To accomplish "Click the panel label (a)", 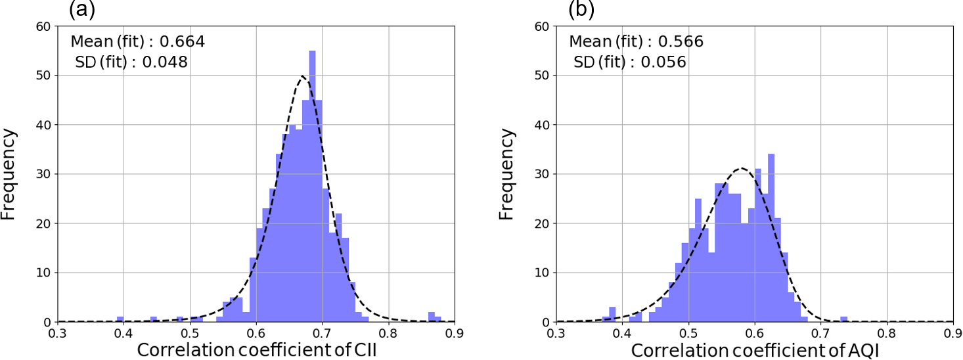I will click(x=83, y=9).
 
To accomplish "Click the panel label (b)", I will click(x=582, y=9).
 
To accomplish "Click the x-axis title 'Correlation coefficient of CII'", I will click(x=256, y=350).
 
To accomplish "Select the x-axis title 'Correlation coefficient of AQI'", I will click(x=755, y=350).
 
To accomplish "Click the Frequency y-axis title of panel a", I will click(x=9, y=174).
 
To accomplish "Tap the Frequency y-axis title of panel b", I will click(x=507, y=174).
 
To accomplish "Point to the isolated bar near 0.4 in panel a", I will click(x=120, y=319).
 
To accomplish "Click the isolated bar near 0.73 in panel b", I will click(x=843, y=319).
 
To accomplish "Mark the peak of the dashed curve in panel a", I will click(x=303, y=76).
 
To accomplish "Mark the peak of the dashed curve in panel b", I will click(x=742, y=168).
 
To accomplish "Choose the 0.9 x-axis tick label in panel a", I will click(x=454, y=334).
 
